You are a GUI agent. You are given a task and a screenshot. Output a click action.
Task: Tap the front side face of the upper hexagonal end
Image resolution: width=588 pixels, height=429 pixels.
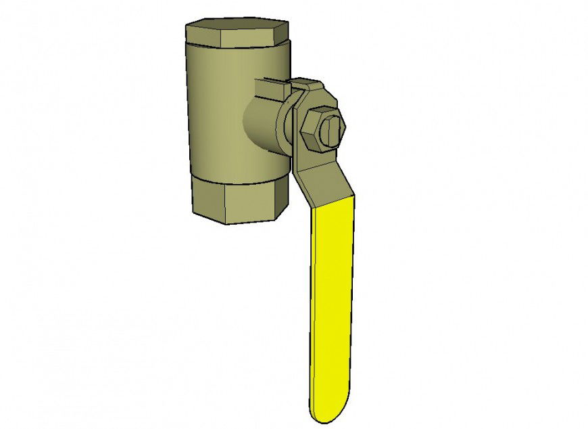click(x=237, y=41)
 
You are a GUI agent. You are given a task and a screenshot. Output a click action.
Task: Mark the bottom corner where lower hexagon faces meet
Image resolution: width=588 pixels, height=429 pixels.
click(x=226, y=223)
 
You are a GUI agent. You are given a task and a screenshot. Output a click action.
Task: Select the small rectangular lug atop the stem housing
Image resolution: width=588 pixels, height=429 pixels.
click(x=270, y=87)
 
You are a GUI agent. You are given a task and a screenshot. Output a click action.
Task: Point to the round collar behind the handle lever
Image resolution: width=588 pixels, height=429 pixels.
click(x=287, y=125)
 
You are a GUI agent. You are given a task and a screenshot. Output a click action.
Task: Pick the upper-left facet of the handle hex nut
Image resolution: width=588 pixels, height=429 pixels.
click(x=308, y=116)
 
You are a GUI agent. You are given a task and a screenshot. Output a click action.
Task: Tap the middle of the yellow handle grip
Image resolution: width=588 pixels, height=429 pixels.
click(x=331, y=304)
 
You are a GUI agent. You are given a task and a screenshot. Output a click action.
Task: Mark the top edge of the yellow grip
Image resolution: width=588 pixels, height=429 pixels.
click(x=331, y=200)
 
